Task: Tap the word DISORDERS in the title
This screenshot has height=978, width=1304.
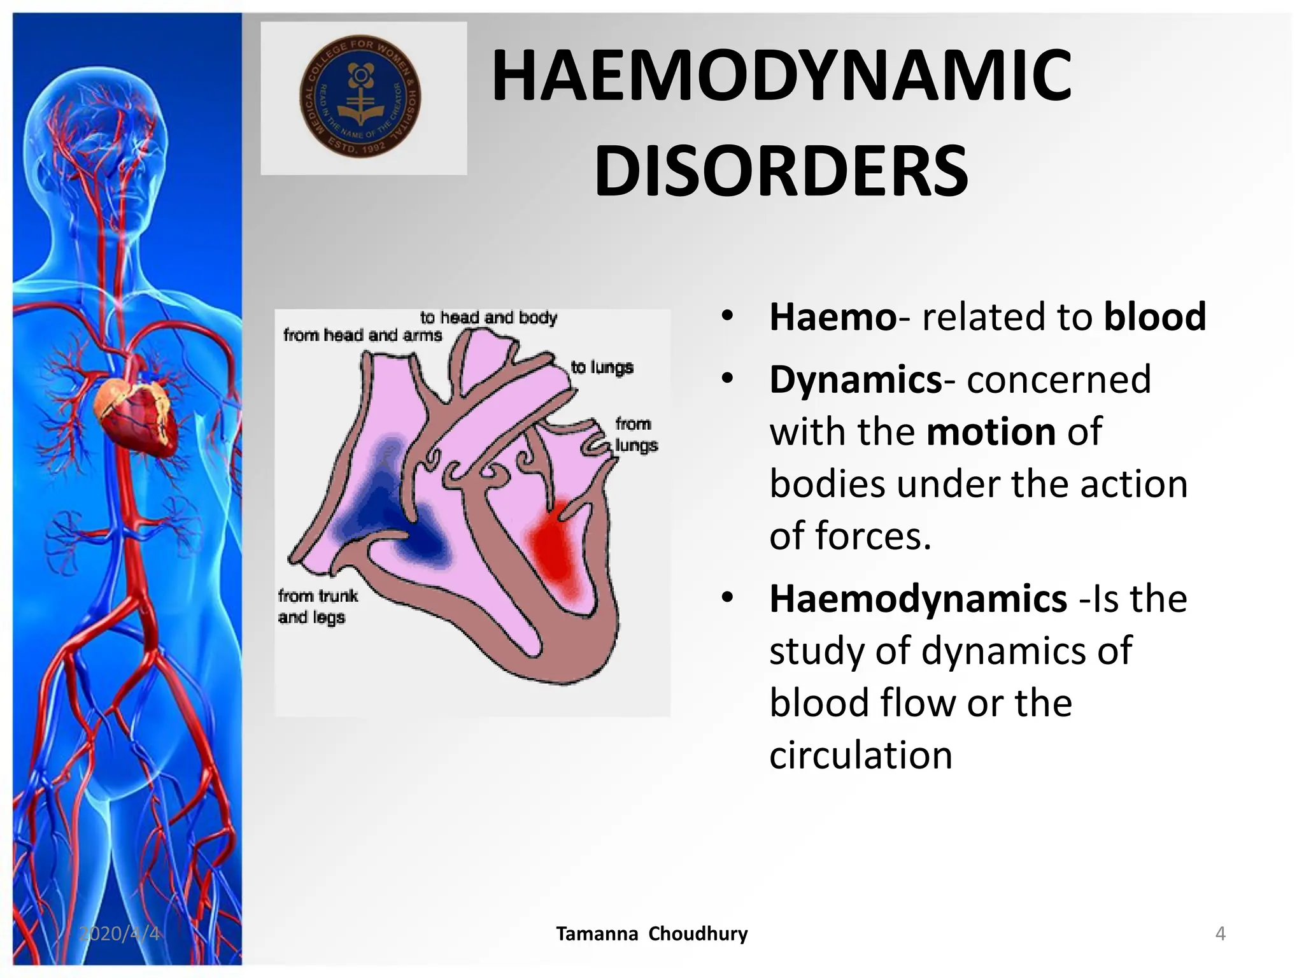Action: [x=781, y=172]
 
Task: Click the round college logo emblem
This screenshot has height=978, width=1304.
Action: [x=360, y=97]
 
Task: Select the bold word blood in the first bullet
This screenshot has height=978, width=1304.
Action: [x=1154, y=316]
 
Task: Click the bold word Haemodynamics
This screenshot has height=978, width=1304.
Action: [x=918, y=599]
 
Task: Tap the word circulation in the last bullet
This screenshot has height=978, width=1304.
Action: [x=860, y=756]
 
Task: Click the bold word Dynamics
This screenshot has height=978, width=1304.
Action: [x=855, y=380]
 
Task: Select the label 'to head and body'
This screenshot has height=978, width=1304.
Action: [x=488, y=318]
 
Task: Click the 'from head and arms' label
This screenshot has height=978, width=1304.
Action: [x=362, y=336]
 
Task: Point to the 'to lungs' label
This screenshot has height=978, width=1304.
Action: [x=602, y=367]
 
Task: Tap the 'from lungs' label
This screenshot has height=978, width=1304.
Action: [x=635, y=435]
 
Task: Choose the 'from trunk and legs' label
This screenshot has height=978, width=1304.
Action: [x=316, y=606]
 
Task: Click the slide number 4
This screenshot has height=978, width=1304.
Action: [x=1220, y=933]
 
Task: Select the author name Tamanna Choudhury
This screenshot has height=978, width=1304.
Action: [x=651, y=934]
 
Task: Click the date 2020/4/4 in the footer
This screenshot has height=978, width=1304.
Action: [x=119, y=933]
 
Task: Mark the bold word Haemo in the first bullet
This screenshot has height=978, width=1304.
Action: [x=832, y=316]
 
